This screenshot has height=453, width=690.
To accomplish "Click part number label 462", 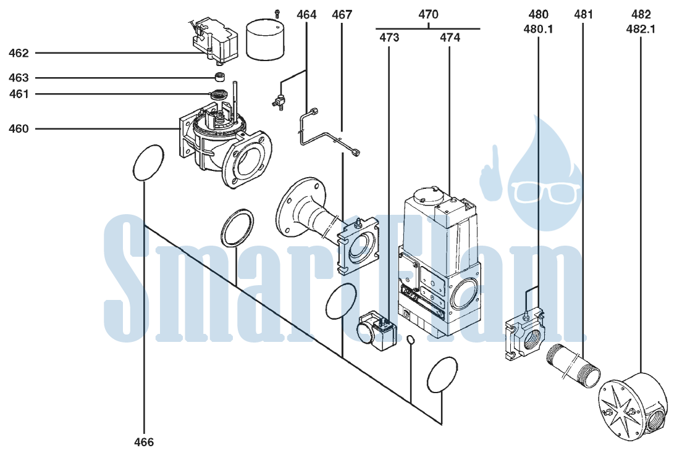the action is click(x=19, y=53).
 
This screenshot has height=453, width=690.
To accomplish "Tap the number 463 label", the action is click(x=19, y=78).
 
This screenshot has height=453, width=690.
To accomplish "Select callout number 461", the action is click(x=19, y=94).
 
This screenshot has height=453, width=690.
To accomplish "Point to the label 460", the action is click(x=19, y=129).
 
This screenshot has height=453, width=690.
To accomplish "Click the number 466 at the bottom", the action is click(x=144, y=442).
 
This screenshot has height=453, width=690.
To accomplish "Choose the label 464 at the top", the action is click(x=306, y=15).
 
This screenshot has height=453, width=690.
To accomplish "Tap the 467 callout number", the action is click(x=342, y=15).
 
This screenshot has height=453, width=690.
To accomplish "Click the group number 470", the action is click(x=428, y=15).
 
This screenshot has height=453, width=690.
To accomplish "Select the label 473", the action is click(x=389, y=38).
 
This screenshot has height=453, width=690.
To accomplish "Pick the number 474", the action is click(x=450, y=38).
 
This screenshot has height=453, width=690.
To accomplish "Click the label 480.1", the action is click(x=538, y=30).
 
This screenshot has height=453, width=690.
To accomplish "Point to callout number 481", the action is click(x=584, y=15).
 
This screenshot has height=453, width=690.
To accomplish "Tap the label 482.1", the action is click(x=641, y=30).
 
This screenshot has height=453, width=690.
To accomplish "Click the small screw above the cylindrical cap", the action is click(x=277, y=13).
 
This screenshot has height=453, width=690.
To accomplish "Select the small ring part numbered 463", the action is click(x=219, y=77).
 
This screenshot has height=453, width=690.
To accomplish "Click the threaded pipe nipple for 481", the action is click(x=573, y=365).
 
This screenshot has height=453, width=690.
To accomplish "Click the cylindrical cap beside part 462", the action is click(x=264, y=39).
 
